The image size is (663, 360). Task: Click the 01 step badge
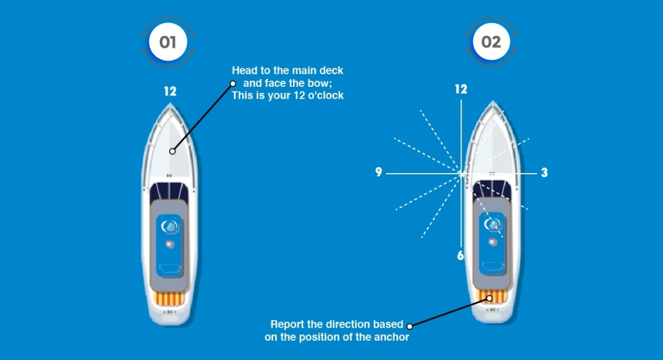[x=168, y=42]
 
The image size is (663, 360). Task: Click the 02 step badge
[x=491, y=42]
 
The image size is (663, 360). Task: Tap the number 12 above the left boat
[x=170, y=91]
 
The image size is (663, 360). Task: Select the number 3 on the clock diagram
[x=544, y=173]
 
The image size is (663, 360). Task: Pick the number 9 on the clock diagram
[x=379, y=173]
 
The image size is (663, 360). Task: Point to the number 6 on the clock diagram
[x=461, y=255]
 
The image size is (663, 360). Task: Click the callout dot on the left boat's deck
[x=172, y=151]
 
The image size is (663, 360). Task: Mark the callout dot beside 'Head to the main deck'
[x=233, y=84]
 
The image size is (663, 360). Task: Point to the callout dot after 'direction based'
[x=410, y=326]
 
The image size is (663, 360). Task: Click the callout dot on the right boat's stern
[x=490, y=298]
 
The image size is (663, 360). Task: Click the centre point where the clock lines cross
[x=461, y=174]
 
